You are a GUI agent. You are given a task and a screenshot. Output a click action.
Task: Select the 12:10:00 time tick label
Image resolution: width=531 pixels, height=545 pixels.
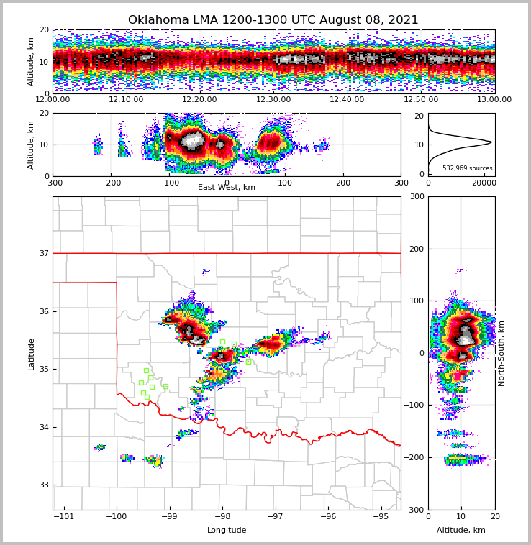[x=126, y=100]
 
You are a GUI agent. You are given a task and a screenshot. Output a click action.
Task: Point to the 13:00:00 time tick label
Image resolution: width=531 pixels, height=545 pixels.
[x=494, y=100]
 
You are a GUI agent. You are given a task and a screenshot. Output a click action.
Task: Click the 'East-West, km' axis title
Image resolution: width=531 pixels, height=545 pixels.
[x=227, y=188]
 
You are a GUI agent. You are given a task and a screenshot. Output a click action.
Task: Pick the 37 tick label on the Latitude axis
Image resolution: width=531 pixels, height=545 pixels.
[x=44, y=253]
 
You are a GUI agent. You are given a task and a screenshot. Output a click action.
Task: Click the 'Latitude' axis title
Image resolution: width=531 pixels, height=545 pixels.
[x=32, y=354]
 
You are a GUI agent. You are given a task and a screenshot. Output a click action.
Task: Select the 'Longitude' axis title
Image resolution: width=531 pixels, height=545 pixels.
[x=227, y=531]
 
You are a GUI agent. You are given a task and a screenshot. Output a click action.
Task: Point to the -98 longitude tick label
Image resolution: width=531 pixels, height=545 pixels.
[x=222, y=517]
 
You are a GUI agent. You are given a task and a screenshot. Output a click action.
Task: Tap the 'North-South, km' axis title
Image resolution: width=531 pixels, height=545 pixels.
[x=501, y=353]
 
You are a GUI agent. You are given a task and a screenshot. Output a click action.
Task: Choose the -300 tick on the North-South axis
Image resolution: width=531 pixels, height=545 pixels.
[x=415, y=510]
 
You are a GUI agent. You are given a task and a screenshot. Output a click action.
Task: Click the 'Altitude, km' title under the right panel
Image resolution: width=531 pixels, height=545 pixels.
[x=461, y=531]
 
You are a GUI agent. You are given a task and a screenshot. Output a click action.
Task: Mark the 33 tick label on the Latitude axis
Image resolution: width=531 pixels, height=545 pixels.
[x=44, y=485]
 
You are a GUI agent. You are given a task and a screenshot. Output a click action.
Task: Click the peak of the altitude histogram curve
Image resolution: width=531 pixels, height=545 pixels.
[x=491, y=142]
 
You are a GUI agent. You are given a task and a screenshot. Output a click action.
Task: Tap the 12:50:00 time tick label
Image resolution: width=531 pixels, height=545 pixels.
[x=421, y=100]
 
